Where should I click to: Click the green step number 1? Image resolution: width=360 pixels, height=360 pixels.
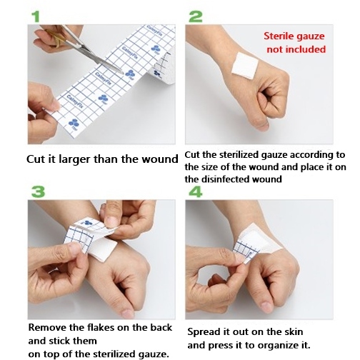click(36, 16)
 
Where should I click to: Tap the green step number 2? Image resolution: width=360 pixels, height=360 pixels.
click(196, 16)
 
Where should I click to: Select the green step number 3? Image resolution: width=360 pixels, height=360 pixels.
click(38, 191)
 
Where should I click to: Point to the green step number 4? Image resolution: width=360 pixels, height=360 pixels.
click(196, 192)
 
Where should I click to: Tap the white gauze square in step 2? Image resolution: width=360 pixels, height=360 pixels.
click(245, 65)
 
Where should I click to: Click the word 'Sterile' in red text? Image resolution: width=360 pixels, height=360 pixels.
click(278, 36)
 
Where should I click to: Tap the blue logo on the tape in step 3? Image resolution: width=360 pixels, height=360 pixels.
click(89, 224)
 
